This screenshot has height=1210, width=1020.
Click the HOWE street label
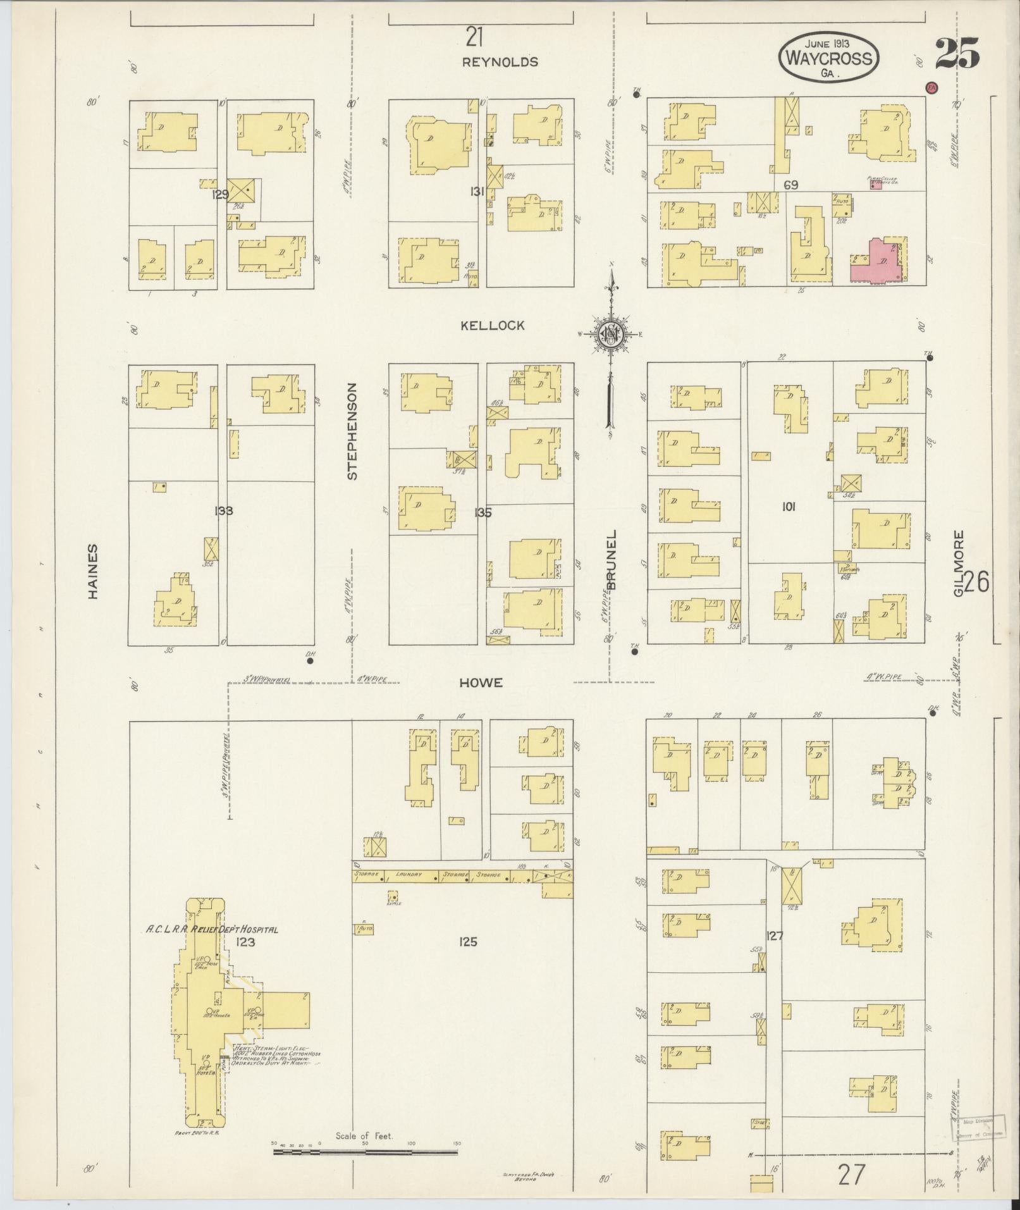(481, 682)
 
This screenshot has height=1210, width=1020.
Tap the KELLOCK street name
(492, 325)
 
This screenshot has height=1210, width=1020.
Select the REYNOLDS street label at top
(500, 61)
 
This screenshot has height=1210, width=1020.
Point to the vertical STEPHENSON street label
(352, 431)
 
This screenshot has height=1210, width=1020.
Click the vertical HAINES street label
(93, 571)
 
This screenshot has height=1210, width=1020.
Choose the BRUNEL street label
(611, 559)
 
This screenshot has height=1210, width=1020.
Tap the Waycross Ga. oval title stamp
(828, 58)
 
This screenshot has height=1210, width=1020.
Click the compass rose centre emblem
(611, 336)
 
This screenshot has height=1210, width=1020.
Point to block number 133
(224, 510)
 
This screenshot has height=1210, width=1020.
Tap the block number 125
(468, 942)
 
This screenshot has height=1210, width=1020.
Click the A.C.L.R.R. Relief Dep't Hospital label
(211, 929)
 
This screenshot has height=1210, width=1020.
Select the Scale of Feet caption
(364, 1135)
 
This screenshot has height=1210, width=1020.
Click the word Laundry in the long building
(408, 875)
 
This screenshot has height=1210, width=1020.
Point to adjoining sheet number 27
(851, 1174)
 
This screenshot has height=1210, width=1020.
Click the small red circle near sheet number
(931, 87)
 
